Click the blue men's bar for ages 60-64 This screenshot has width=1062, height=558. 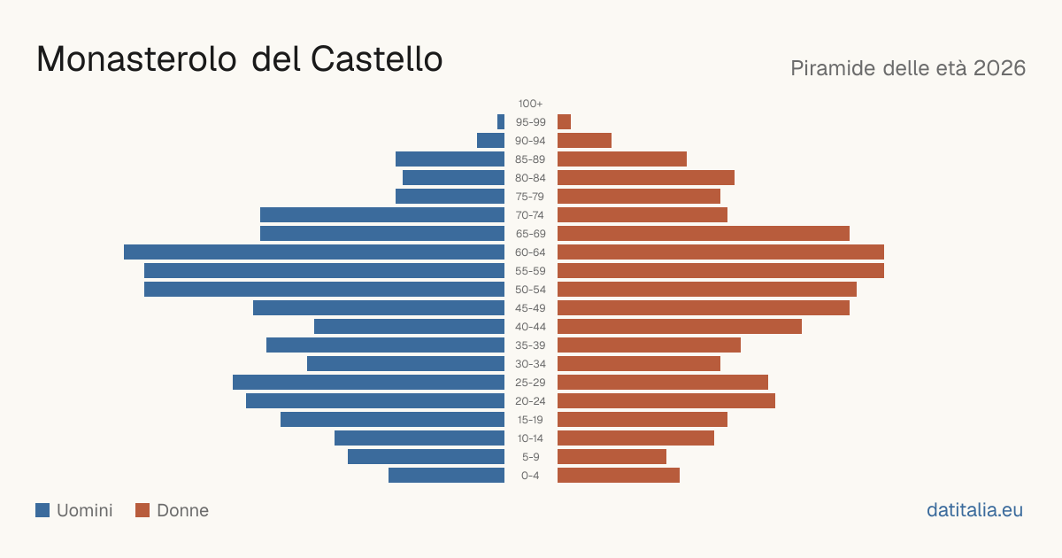[314, 252]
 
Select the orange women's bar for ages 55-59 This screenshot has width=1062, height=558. [720, 270]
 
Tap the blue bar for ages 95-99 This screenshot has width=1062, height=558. [501, 122]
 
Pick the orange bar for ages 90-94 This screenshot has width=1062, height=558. [585, 141]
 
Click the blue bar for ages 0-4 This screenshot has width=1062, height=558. [447, 475]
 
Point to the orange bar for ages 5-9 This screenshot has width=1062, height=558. [612, 456]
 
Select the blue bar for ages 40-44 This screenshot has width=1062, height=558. [409, 327]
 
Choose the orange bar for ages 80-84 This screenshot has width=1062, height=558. [646, 177]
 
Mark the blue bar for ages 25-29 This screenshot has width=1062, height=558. [368, 382]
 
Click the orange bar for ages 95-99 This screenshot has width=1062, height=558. [565, 122]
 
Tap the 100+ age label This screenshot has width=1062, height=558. [530, 104]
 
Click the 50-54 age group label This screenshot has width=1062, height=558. [530, 290]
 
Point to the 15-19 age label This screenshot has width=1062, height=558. [530, 420]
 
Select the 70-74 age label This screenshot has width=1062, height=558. [530, 215]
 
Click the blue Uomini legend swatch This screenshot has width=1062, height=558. [42, 510]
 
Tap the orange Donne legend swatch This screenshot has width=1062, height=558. [142, 510]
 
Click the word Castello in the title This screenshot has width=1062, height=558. [376, 59]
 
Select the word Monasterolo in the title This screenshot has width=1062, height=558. [136, 59]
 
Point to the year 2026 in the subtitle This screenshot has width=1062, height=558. [999, 68]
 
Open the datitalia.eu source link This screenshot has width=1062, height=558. [974, 510]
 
